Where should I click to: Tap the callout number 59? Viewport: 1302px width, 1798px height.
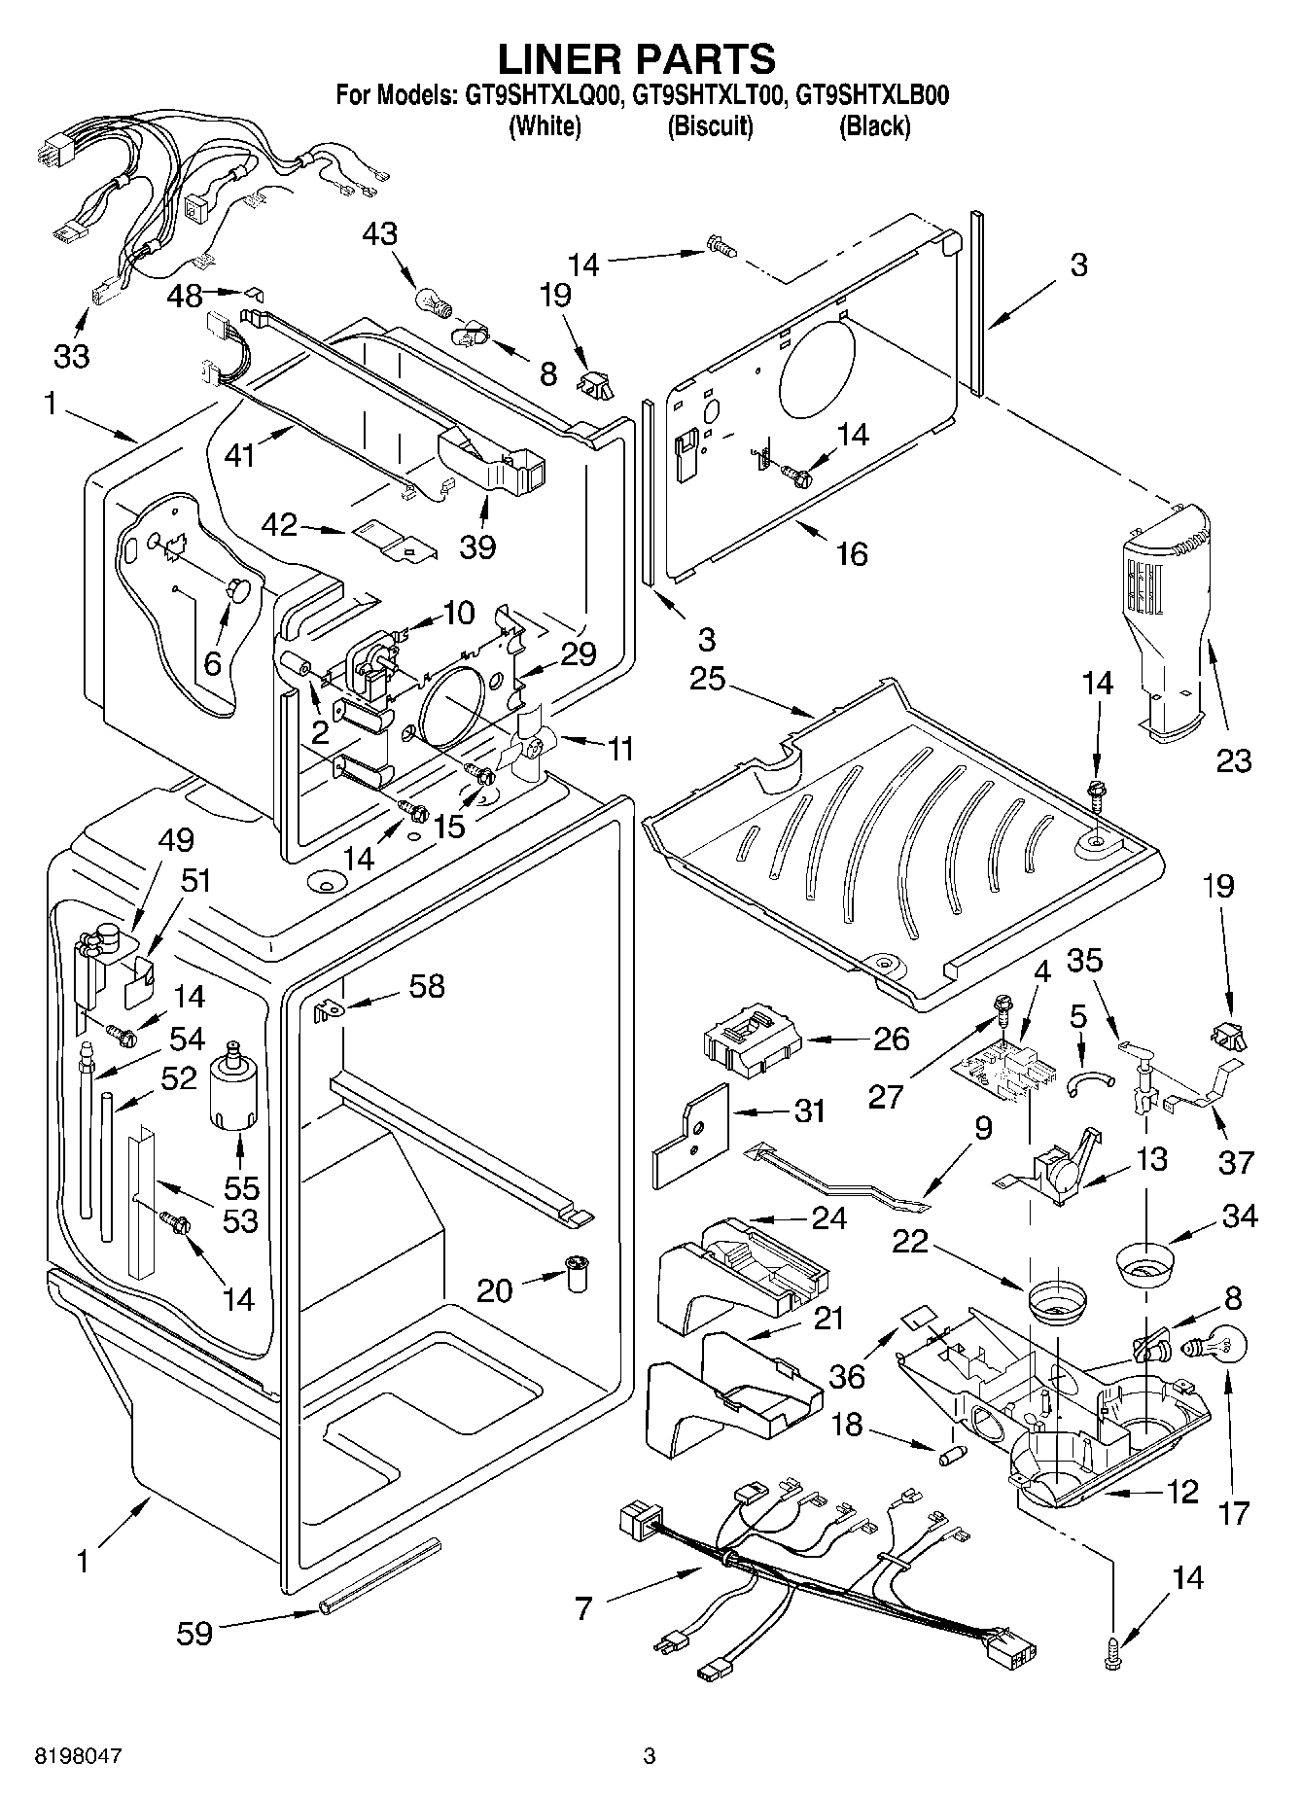194,1633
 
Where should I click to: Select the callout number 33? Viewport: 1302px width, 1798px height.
71,356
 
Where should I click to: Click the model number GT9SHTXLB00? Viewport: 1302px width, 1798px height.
872,96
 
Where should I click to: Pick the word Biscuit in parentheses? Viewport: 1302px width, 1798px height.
710,126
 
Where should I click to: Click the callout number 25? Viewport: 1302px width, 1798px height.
707,678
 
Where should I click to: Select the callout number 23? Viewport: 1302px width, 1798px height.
1234,759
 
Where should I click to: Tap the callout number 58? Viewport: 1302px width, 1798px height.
427,986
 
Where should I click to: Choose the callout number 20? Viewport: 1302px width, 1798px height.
496,1289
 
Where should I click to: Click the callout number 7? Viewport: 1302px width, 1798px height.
583,1609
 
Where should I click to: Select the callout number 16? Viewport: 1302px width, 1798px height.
851,553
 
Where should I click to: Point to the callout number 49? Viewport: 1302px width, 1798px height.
175,840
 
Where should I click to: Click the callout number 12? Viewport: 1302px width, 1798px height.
1182,1492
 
